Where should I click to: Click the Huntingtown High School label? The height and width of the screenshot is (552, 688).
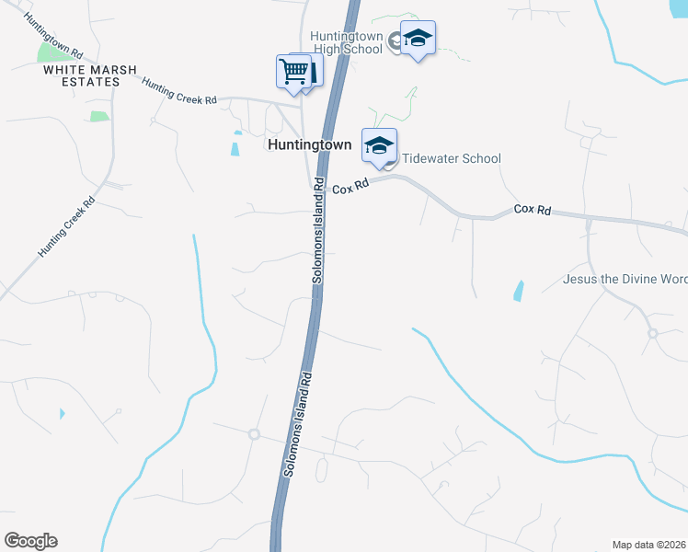pyautogui.click(x=345, y=41)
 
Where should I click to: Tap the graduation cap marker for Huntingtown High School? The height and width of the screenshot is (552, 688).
pyautogui.click(x=418, y=39)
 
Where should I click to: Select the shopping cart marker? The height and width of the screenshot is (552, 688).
pyautogui.click(x=294, y=72)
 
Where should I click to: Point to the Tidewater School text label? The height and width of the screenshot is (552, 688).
pyautogui.click(x=452, y=158)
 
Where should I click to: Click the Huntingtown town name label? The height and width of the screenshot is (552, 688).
pyautogui.click(x=309, y=145)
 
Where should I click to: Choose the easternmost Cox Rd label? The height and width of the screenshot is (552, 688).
pyautogui.click(x=532, y=211)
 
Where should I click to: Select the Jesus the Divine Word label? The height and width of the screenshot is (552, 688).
pyautogui.click(x=625, y=279)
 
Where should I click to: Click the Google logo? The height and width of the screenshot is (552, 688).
pyautogui.click(x=30, y=541)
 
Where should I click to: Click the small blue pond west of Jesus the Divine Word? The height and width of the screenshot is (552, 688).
pyautogui.click(x=519, y=292)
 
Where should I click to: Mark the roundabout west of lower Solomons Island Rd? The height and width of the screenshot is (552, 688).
pyautogui.click(x=254, y=433)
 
